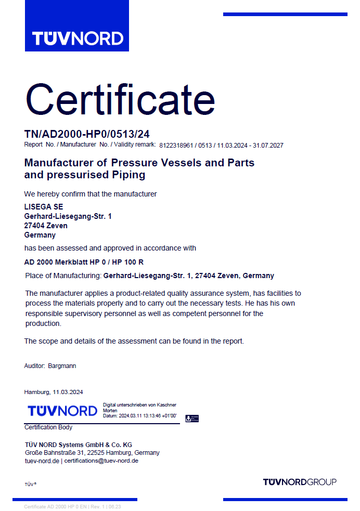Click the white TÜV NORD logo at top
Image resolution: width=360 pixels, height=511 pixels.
point(77,38)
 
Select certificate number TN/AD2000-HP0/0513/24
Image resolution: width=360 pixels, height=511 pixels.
point(87,134)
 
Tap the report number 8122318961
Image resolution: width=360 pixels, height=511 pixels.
point(177,146)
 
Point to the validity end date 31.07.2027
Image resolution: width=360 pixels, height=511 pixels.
point(267,146)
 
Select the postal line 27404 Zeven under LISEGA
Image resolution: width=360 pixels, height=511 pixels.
point(46,226)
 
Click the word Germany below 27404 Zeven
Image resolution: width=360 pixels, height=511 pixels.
point(40,235)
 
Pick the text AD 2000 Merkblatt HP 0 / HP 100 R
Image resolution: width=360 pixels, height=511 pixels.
point(84,262)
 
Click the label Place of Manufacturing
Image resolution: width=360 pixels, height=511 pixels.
point(63,276)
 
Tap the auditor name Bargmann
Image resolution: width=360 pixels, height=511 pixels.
point(62,366)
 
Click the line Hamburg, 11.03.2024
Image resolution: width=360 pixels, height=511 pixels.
point(54,392)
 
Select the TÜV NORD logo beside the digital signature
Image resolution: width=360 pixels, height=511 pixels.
point(62,411)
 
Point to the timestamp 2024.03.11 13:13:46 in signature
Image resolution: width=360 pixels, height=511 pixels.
point(147,416)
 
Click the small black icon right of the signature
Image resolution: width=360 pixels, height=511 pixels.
point(192,418)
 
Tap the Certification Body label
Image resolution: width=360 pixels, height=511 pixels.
point(48,427)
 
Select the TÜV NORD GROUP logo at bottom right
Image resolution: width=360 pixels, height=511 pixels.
point(300,482)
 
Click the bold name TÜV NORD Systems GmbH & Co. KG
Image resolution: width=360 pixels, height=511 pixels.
point(79,444)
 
